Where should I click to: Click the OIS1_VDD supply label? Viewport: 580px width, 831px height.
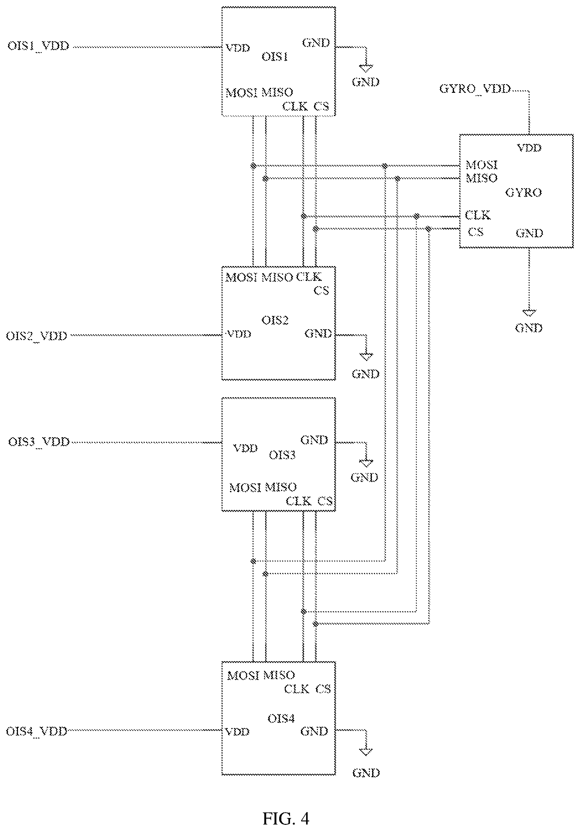coord(38,47)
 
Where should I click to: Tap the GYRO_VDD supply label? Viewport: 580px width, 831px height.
coord(475,89)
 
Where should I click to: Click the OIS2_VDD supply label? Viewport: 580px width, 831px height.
coord(37,336)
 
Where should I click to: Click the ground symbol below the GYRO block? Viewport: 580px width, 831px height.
coord(529,313)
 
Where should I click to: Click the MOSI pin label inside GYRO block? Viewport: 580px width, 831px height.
coord(482,165)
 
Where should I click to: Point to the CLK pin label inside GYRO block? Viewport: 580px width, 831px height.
coord(478,215)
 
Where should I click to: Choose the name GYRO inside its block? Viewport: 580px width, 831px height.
coord(524,192)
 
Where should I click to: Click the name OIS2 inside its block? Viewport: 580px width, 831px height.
coord(275,320)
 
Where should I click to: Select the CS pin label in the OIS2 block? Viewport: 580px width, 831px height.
coord(322,291)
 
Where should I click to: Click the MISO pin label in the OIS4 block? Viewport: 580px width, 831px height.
coord(279,675)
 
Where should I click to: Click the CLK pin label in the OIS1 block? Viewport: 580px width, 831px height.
coord(295,106)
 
